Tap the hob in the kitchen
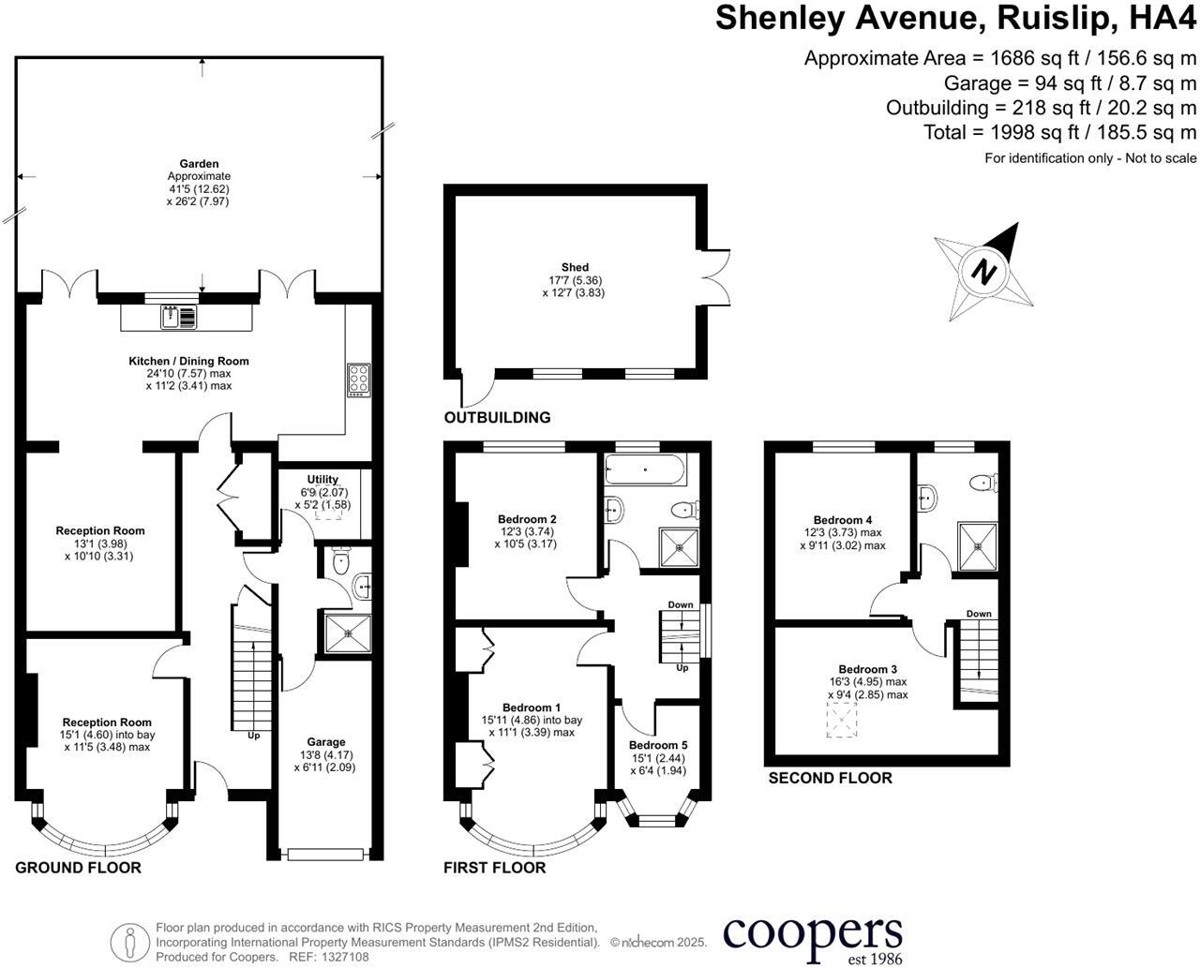358,379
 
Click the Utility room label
322,479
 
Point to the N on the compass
982,271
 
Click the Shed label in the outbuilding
569,267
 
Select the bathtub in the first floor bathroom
646,468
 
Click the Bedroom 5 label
658,745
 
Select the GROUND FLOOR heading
78,868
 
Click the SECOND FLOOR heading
830,778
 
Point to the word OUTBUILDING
497,418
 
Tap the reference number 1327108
344,957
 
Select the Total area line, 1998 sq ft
1059,132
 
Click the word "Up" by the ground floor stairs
253,736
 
